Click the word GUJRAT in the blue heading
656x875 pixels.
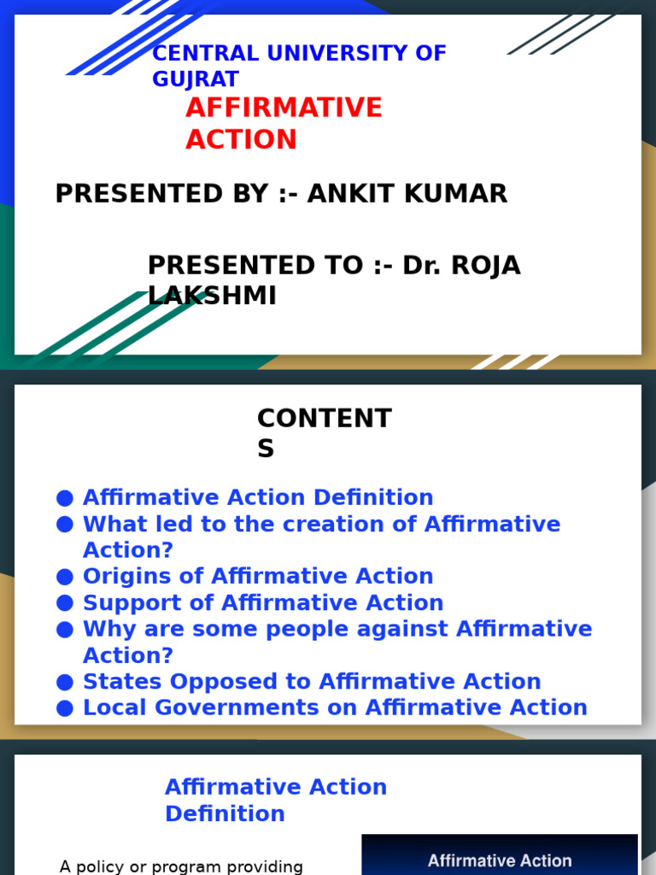[x=196, y=80]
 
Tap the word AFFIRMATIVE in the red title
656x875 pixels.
[x=284, y=109]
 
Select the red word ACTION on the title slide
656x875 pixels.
[x=241, y=139]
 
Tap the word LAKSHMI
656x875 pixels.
[x=212, y=296]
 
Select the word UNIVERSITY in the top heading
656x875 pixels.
[x=328, y=54]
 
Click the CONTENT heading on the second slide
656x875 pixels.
[x=325, y=420]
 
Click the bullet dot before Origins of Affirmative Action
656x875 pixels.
[x=65, y=577]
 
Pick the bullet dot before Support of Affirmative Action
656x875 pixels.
[x=65, y=603]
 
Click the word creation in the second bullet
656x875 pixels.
[x=311, y=524]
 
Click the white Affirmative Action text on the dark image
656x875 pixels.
[x=500, y=860]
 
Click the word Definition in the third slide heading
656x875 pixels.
[x=225, y=813]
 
